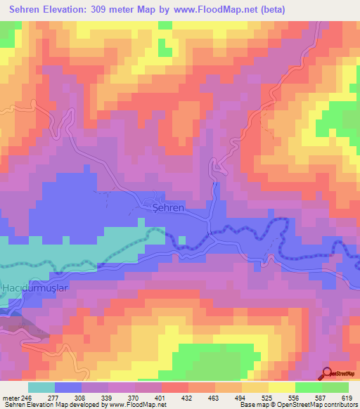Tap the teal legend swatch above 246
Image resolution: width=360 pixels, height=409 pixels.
click(41, 387)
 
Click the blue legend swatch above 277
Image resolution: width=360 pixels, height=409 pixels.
click(68, 387)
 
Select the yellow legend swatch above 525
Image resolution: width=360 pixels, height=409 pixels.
click(282, 387)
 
